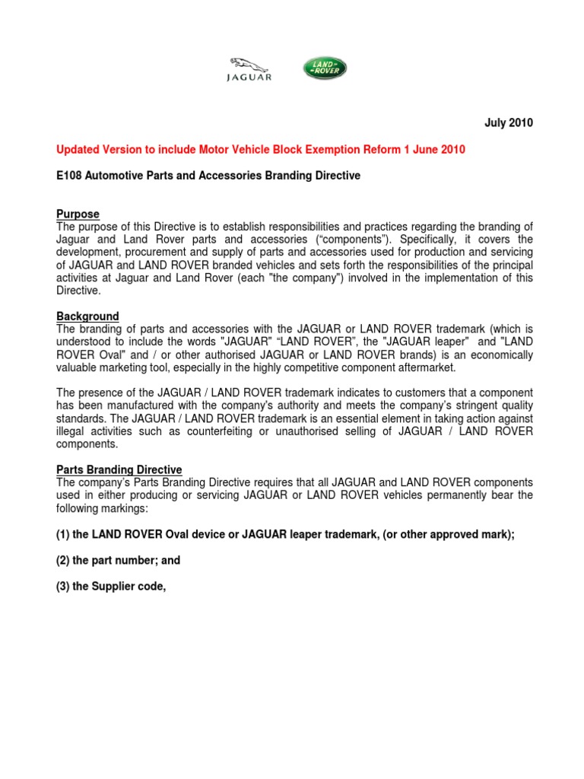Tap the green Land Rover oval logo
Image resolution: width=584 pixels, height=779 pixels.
pos(325,68)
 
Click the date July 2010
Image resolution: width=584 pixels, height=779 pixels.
pos(509,123)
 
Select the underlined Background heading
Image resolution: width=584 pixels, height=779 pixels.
pos(87,316)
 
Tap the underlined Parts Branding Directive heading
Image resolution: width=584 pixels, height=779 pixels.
pos(119,470)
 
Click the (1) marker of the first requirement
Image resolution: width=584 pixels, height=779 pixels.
pos(63,535)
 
